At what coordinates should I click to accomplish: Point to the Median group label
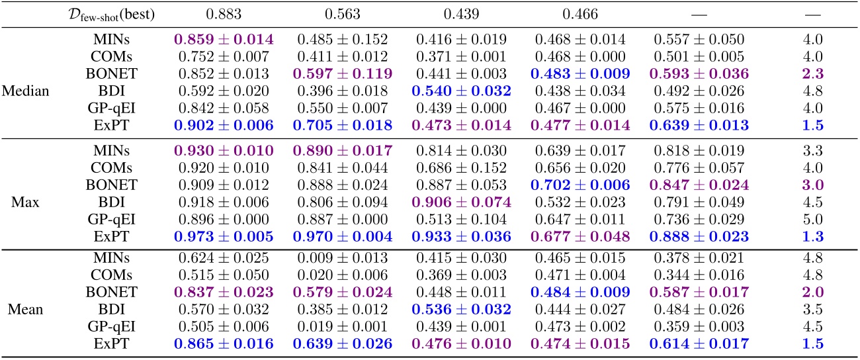(x=26, y=91)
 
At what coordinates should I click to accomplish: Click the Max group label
(x=26, y=202)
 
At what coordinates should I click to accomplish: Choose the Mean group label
(x=26, y=307)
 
